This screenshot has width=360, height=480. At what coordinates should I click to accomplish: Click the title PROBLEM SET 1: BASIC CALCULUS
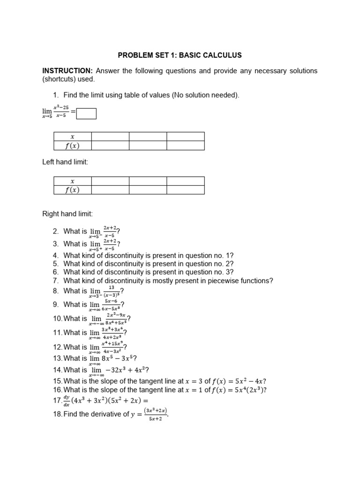pos(180,55)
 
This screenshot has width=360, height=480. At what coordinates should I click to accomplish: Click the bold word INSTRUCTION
pos(67,71)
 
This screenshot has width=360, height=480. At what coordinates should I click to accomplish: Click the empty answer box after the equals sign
pos(86,114)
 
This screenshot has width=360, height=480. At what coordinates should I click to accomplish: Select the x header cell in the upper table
pos(73,136)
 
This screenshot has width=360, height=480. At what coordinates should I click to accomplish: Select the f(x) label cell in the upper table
pos(73,145)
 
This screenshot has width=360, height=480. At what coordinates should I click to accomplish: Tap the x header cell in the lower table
pos(73,181)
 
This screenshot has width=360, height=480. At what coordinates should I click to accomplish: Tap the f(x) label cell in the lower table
pos(73,190)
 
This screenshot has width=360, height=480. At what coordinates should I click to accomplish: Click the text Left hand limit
pos(65,162)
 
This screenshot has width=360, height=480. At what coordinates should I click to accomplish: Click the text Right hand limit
pos(67,214)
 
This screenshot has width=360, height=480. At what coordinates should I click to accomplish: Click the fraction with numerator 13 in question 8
pos(112,292)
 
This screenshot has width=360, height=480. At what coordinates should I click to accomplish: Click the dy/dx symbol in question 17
pos(67,401)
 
